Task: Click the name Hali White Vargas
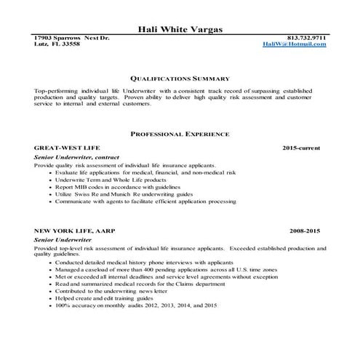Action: [180, 29]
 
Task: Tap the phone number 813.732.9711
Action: [308, 38]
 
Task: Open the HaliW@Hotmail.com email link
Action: [295, 44]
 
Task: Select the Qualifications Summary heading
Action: [180, 77]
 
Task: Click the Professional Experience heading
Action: [180, 135]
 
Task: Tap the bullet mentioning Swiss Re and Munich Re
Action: [119, 195]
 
